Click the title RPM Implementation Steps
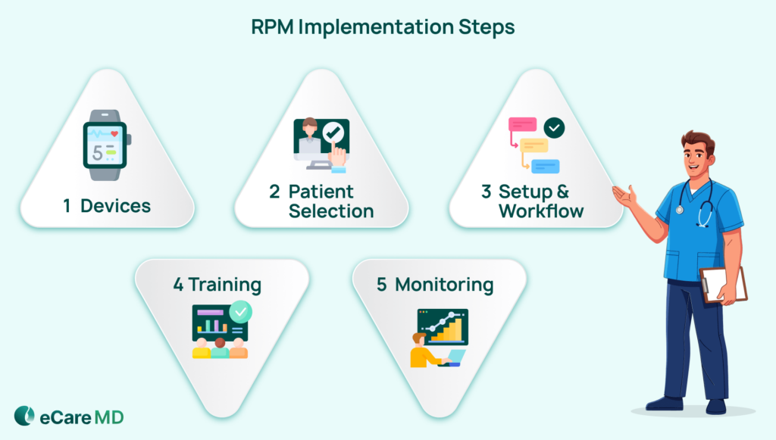click(383, 27)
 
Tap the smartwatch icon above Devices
click(106, 145)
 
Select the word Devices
click(115, 205)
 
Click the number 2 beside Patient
click(274, 192)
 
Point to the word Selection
click(331, 211)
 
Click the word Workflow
click(541, 211)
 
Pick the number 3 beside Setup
click(487, 192)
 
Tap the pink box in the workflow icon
click(522, 124)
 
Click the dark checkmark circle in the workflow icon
click(555, 128)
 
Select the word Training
click(224, 285)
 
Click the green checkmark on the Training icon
click(241, 312)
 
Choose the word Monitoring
click(444, 285)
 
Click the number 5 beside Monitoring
click(382, 285)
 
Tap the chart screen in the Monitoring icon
click(443, 326)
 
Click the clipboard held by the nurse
click(723, 285)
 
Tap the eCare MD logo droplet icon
click(24, 416)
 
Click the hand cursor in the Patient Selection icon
click(338, 157)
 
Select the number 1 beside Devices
click(67, 205)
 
